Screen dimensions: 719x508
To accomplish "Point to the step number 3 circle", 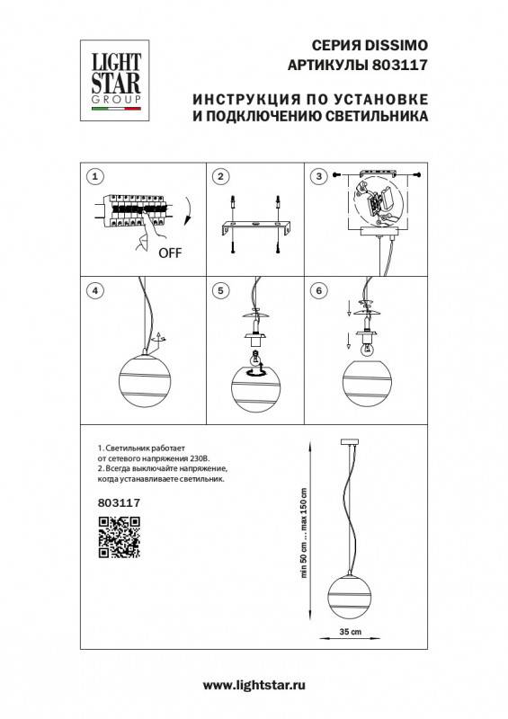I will pyautogui.click(x=317, y=175).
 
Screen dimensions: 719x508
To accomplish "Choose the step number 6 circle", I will pyautogui.click(x=317, y=290).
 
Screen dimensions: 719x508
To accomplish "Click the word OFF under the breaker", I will pyautogui.click(x=169, y=253).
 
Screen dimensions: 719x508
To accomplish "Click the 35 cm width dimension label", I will pyautogui.click(x=348, y=634).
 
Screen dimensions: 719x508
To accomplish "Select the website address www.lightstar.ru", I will pyautogui.click(x=254, y=685).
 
